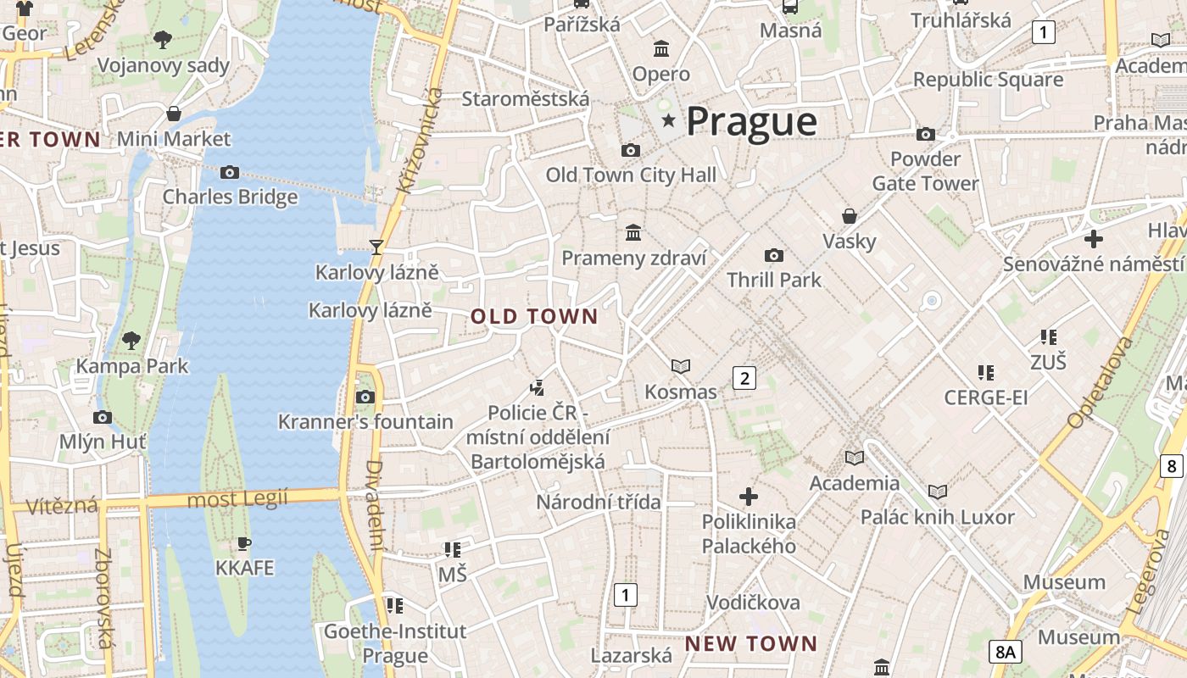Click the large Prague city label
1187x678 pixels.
(751, 121)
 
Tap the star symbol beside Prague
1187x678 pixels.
(668, 121)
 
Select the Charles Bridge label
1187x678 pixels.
(230, 197)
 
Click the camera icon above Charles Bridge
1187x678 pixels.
(230, 172)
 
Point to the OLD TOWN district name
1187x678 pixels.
(534, 317)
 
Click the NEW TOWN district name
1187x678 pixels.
(750, 643)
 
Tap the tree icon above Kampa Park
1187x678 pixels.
(131, 341)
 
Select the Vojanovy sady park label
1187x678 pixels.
(164, 65)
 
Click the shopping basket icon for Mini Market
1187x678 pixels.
(174, 114)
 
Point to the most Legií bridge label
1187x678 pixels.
(237, 498)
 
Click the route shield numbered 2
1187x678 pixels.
(744, 378)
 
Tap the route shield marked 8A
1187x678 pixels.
(1006, 652)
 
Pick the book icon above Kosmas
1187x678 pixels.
(680, 366)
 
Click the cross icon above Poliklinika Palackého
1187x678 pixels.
(748, 496)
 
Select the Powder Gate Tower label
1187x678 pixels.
(925, 171)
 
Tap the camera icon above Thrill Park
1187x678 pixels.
(773, 255)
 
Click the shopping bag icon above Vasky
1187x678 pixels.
(849, 216)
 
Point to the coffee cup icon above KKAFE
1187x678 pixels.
(244, 542)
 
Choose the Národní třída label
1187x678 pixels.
(598, 502)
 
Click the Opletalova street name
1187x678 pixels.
(1101, 383)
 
